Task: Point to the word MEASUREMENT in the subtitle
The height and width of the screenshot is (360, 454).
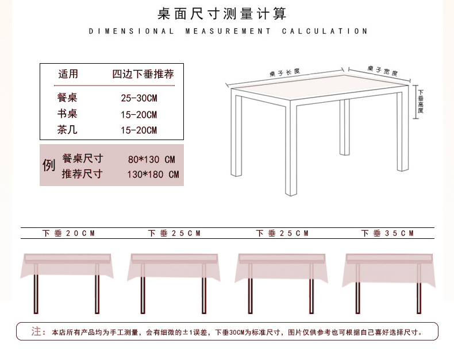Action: point(228,31)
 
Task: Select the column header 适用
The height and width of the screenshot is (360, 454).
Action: point(68,74)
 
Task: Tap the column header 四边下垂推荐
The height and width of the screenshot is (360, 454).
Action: point(143,74)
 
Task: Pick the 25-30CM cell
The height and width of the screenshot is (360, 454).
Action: point(138,98)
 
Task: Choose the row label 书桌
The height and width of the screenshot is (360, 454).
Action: point(67,114)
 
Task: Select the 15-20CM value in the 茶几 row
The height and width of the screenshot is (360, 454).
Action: point(138,130)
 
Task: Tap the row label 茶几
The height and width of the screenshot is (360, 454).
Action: point(67,130)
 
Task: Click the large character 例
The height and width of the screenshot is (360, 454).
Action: point(49,165)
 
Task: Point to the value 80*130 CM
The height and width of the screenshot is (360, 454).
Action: point(151,159)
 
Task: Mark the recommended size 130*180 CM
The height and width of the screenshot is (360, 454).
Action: point(153,174)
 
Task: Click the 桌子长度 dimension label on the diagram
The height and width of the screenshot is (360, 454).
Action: point(284,73)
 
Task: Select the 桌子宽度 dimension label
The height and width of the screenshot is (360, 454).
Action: point(382,71)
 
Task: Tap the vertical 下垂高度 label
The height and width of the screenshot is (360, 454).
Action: point(421,101)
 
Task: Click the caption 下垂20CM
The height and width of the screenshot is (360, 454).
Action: point(68,233)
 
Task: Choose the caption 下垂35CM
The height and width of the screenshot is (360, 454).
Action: point(387,233)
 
